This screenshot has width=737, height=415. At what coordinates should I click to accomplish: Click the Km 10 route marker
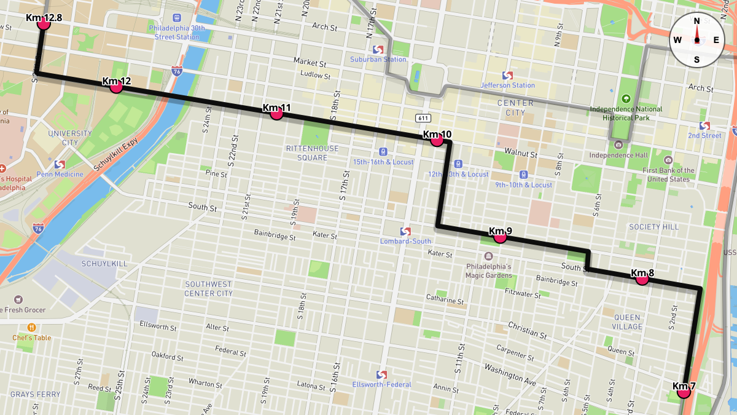pos(437,140)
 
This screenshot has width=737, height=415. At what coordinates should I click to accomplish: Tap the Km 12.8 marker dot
pos(43,23)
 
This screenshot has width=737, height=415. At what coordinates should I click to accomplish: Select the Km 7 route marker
pos(684,392)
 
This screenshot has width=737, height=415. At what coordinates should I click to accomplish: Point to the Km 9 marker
pos(500,237)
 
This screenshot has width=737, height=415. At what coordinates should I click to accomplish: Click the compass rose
pos(696,40)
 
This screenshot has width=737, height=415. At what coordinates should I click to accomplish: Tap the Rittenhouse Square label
pos(312,153)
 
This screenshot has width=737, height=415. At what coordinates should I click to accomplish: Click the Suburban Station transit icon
pos(378,49)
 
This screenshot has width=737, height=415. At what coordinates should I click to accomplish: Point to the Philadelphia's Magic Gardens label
pos(489,271)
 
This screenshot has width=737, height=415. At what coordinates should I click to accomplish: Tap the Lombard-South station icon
pos(405,231)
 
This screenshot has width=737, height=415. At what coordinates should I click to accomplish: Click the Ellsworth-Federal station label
pos(381,385)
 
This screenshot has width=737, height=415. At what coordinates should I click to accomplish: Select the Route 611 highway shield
pos(423,118)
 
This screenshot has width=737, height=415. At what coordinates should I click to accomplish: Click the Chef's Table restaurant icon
pos(32,327)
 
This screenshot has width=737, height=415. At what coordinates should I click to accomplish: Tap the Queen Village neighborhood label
pos(628,322)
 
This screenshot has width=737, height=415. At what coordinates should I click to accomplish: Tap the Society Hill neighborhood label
pos(654,227)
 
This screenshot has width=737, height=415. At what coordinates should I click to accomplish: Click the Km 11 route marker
pos(276,113)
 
